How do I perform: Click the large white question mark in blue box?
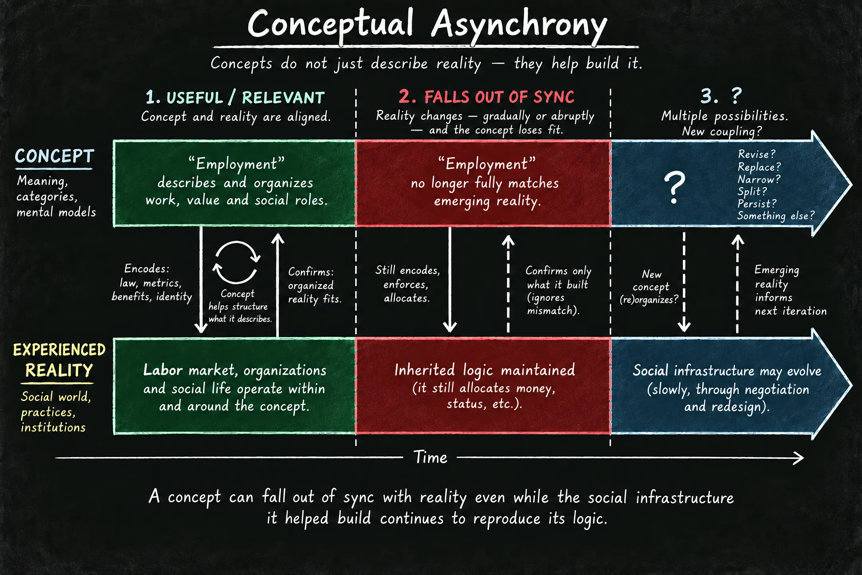pyautogui.click(x=674, y=188)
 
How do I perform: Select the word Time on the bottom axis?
pyautogui.click(x=430, y=457)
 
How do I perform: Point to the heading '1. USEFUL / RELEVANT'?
pyautogui.click(x=235, y=97)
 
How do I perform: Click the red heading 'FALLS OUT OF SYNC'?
pyautogui.click(x=499, y=97)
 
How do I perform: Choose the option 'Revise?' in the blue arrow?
pyautogui.click(x=757, y=154)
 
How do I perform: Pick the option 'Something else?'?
pyautogui.click(x=775, y=216)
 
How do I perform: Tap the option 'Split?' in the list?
pyautogui.click(x=752, y=192)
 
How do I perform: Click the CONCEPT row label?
pyautogui.click(x=54, y=156)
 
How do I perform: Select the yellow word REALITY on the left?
pyautogui.click(x=59, y=371)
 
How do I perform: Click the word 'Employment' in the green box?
pyautogui.click(x=236, y=164)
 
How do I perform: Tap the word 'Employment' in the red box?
pyautogui.click(x=486, y=164)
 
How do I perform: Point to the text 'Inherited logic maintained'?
pyautogui.click(x=484, y=371)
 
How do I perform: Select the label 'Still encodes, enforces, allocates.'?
pyautogui.click(x=407, y=284)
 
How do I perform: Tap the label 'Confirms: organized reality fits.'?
pyautogui.click(x=314, y=286)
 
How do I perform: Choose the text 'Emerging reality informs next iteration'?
pyautogui.click(x=790, y=290)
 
